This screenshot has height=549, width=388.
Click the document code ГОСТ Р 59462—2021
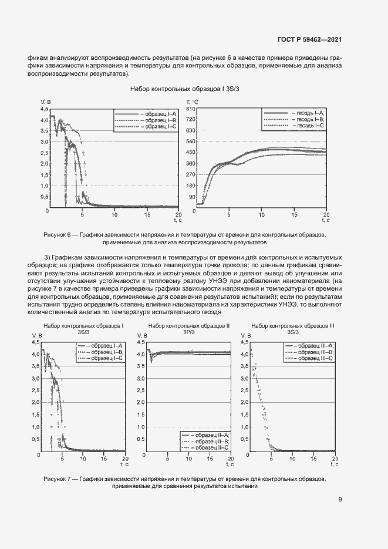pos(309,40)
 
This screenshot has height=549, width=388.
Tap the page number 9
pos(340,500)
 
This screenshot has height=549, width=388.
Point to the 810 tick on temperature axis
pos(191,109)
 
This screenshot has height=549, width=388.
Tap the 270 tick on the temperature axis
pos(191,174)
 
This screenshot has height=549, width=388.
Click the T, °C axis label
pos(193,102)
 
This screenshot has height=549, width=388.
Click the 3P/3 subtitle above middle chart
pos(189,332)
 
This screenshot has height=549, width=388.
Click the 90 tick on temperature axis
pos(191,196)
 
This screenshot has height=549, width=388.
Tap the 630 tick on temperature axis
pos(191,131)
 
